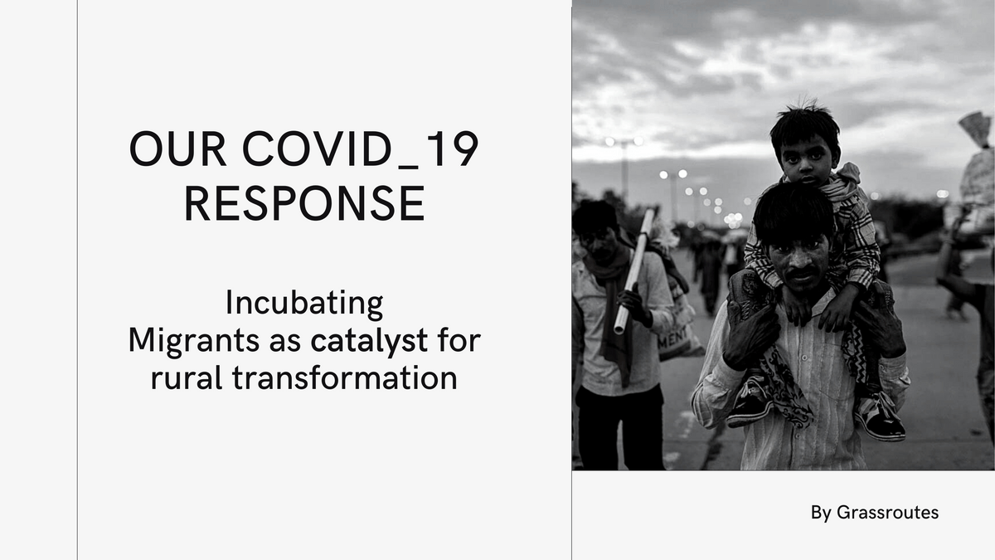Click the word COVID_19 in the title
click(x=360, y=149)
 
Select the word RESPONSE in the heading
click(x=305, y=203)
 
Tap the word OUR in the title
click(x=177, y=149)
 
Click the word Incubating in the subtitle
click(x=304, y=304)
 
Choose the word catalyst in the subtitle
click(x=369, y=341)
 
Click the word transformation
click(x=345, y=378)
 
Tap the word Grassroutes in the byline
click(x=887, y=513)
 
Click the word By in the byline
click(x=821, y=513)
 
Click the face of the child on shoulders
click(x=807, y=160)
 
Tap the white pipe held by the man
click(x=633, y=271)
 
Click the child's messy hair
click(x=804, y=122)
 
